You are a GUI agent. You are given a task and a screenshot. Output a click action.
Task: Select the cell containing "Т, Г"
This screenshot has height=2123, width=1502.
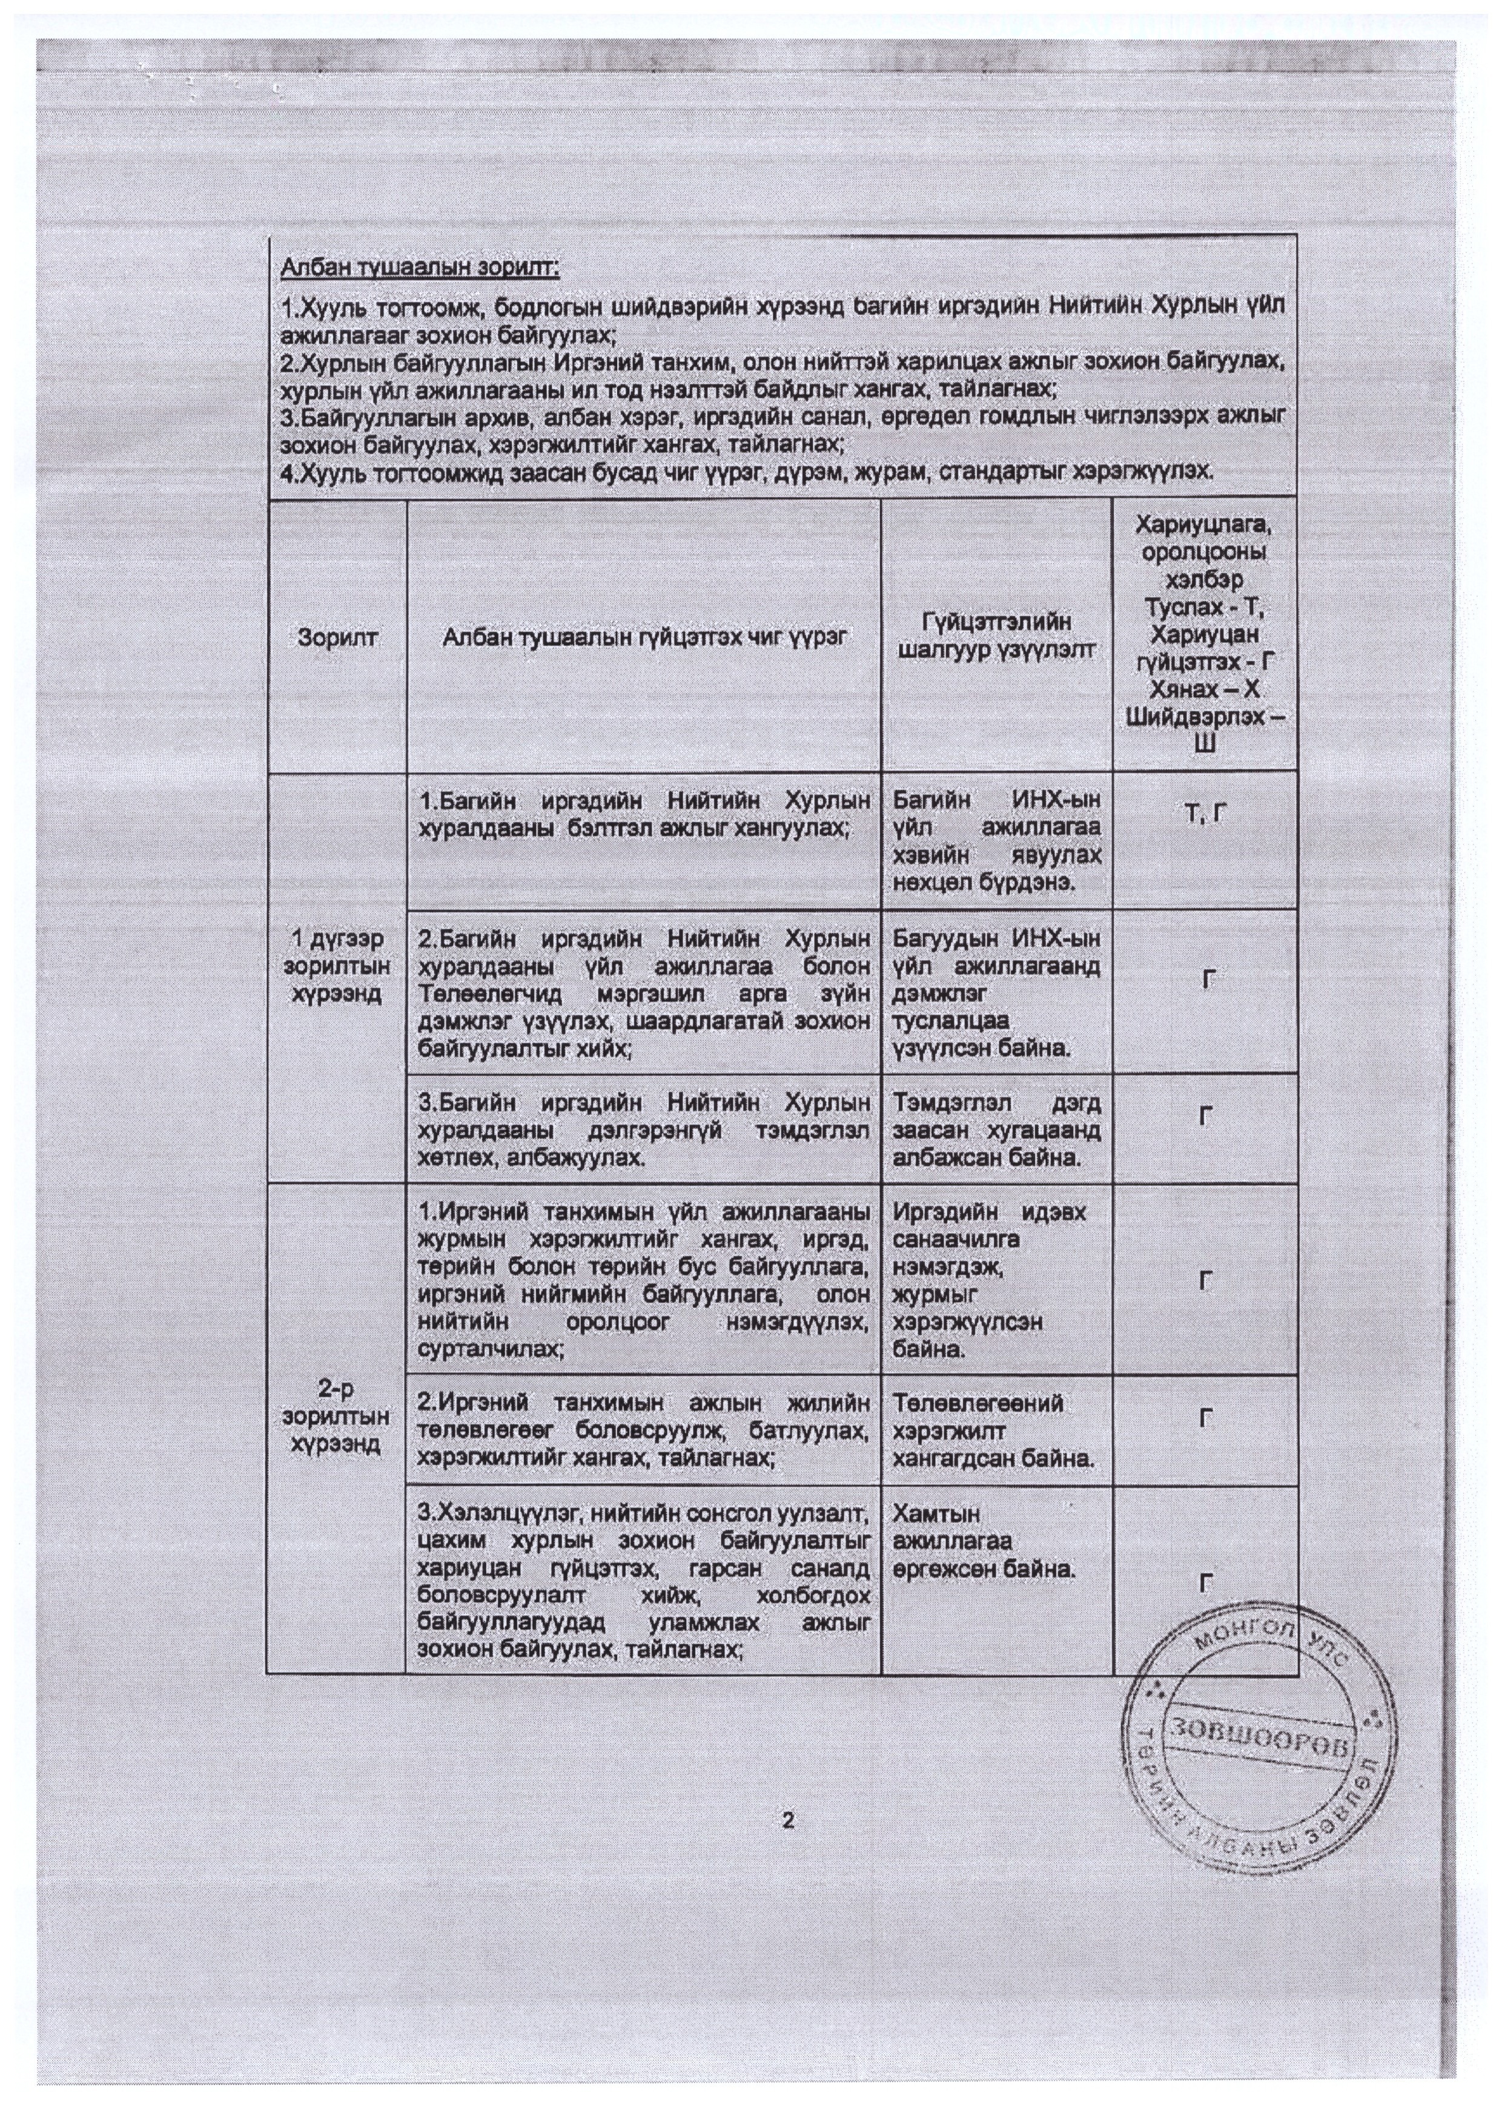coord(1204,813)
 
